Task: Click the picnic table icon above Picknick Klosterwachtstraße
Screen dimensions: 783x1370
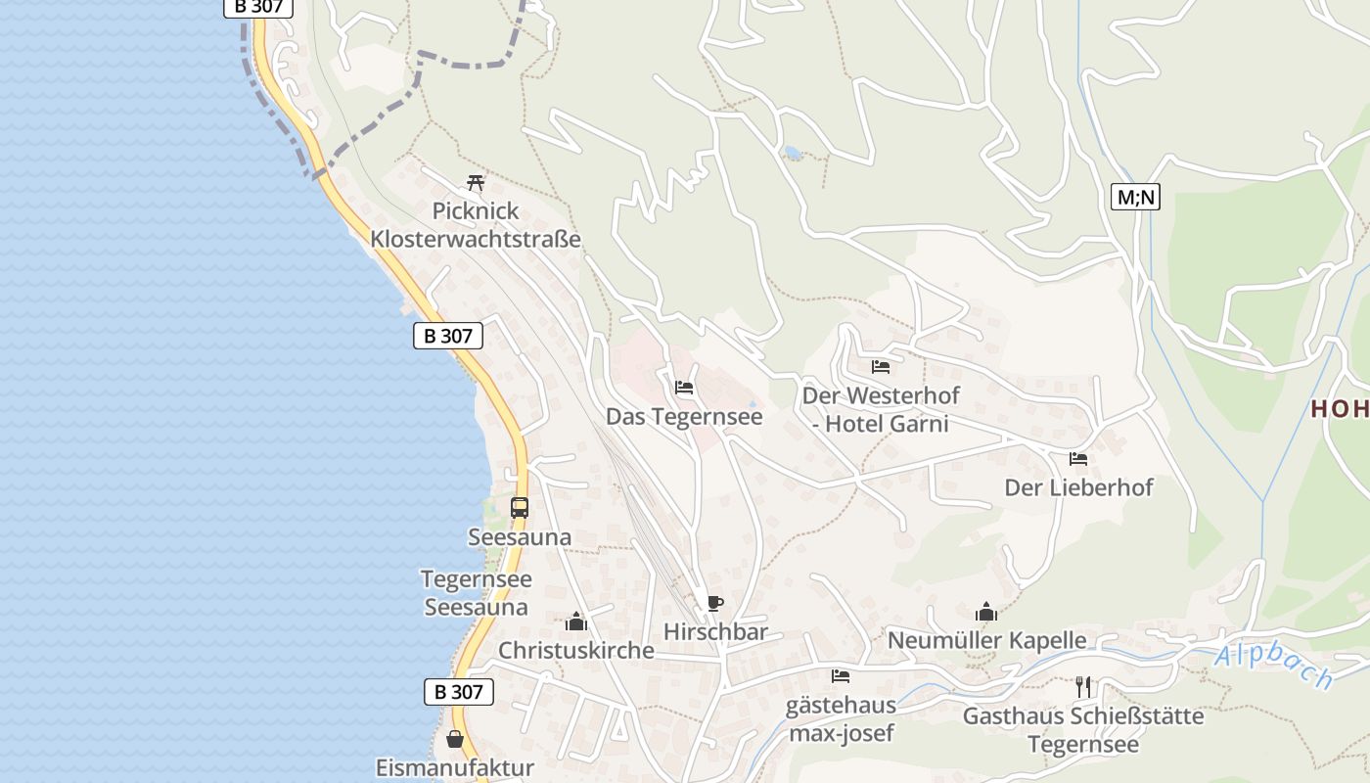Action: [476, 183]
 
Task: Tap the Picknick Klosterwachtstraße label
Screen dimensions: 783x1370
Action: [476, 225]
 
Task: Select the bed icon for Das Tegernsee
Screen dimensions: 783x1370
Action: [684, 388]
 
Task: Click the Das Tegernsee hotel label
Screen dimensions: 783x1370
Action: [684, 417]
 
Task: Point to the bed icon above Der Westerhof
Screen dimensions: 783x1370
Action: [881, 367]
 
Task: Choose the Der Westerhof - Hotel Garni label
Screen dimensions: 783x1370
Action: [881, 410]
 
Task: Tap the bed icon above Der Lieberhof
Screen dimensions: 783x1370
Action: [1078, 458]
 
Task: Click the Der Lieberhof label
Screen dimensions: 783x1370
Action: [1078, 487]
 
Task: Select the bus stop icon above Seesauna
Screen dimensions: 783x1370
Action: [520, 508]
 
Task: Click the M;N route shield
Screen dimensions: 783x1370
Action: [1135, 197]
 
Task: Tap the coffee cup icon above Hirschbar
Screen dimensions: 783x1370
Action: [715, 603]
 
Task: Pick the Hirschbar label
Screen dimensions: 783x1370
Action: [715, 632]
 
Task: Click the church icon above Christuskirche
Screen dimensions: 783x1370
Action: [576, 622]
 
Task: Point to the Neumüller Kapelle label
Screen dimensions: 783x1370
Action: [986, 641]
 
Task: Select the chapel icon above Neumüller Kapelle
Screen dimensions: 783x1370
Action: [986, 612]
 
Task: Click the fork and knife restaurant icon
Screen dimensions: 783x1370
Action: [1082, 687]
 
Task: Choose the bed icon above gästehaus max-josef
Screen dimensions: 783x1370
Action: [840, 676]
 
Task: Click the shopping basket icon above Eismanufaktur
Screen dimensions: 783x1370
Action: [455, 739]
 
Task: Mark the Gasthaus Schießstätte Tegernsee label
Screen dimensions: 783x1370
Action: [1083, 730]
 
